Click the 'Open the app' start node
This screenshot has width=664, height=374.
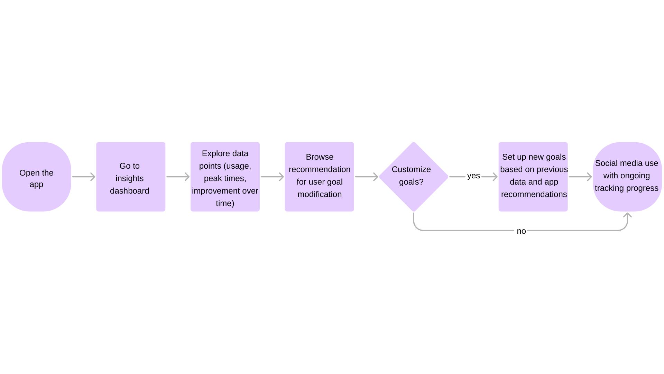37,177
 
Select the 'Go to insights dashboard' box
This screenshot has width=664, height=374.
131,177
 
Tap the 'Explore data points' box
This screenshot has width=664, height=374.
225,177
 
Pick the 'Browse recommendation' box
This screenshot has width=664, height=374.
320,177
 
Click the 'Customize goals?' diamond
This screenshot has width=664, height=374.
414,177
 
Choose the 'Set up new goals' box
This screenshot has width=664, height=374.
533,177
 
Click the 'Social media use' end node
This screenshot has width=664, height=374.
627,177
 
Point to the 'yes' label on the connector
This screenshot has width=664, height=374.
473,176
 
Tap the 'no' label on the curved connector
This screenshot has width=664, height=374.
521,231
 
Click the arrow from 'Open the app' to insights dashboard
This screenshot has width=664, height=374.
84,177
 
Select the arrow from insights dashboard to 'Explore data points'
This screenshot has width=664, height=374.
178,177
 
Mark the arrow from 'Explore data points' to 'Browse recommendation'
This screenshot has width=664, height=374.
273,177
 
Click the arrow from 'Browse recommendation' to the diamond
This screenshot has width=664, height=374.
367,177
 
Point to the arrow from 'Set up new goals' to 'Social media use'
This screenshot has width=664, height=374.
580,177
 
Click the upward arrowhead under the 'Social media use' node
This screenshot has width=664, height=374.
627,215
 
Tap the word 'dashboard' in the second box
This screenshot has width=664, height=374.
130,191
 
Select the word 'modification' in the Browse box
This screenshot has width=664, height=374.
320,194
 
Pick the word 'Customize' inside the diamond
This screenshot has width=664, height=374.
411,169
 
